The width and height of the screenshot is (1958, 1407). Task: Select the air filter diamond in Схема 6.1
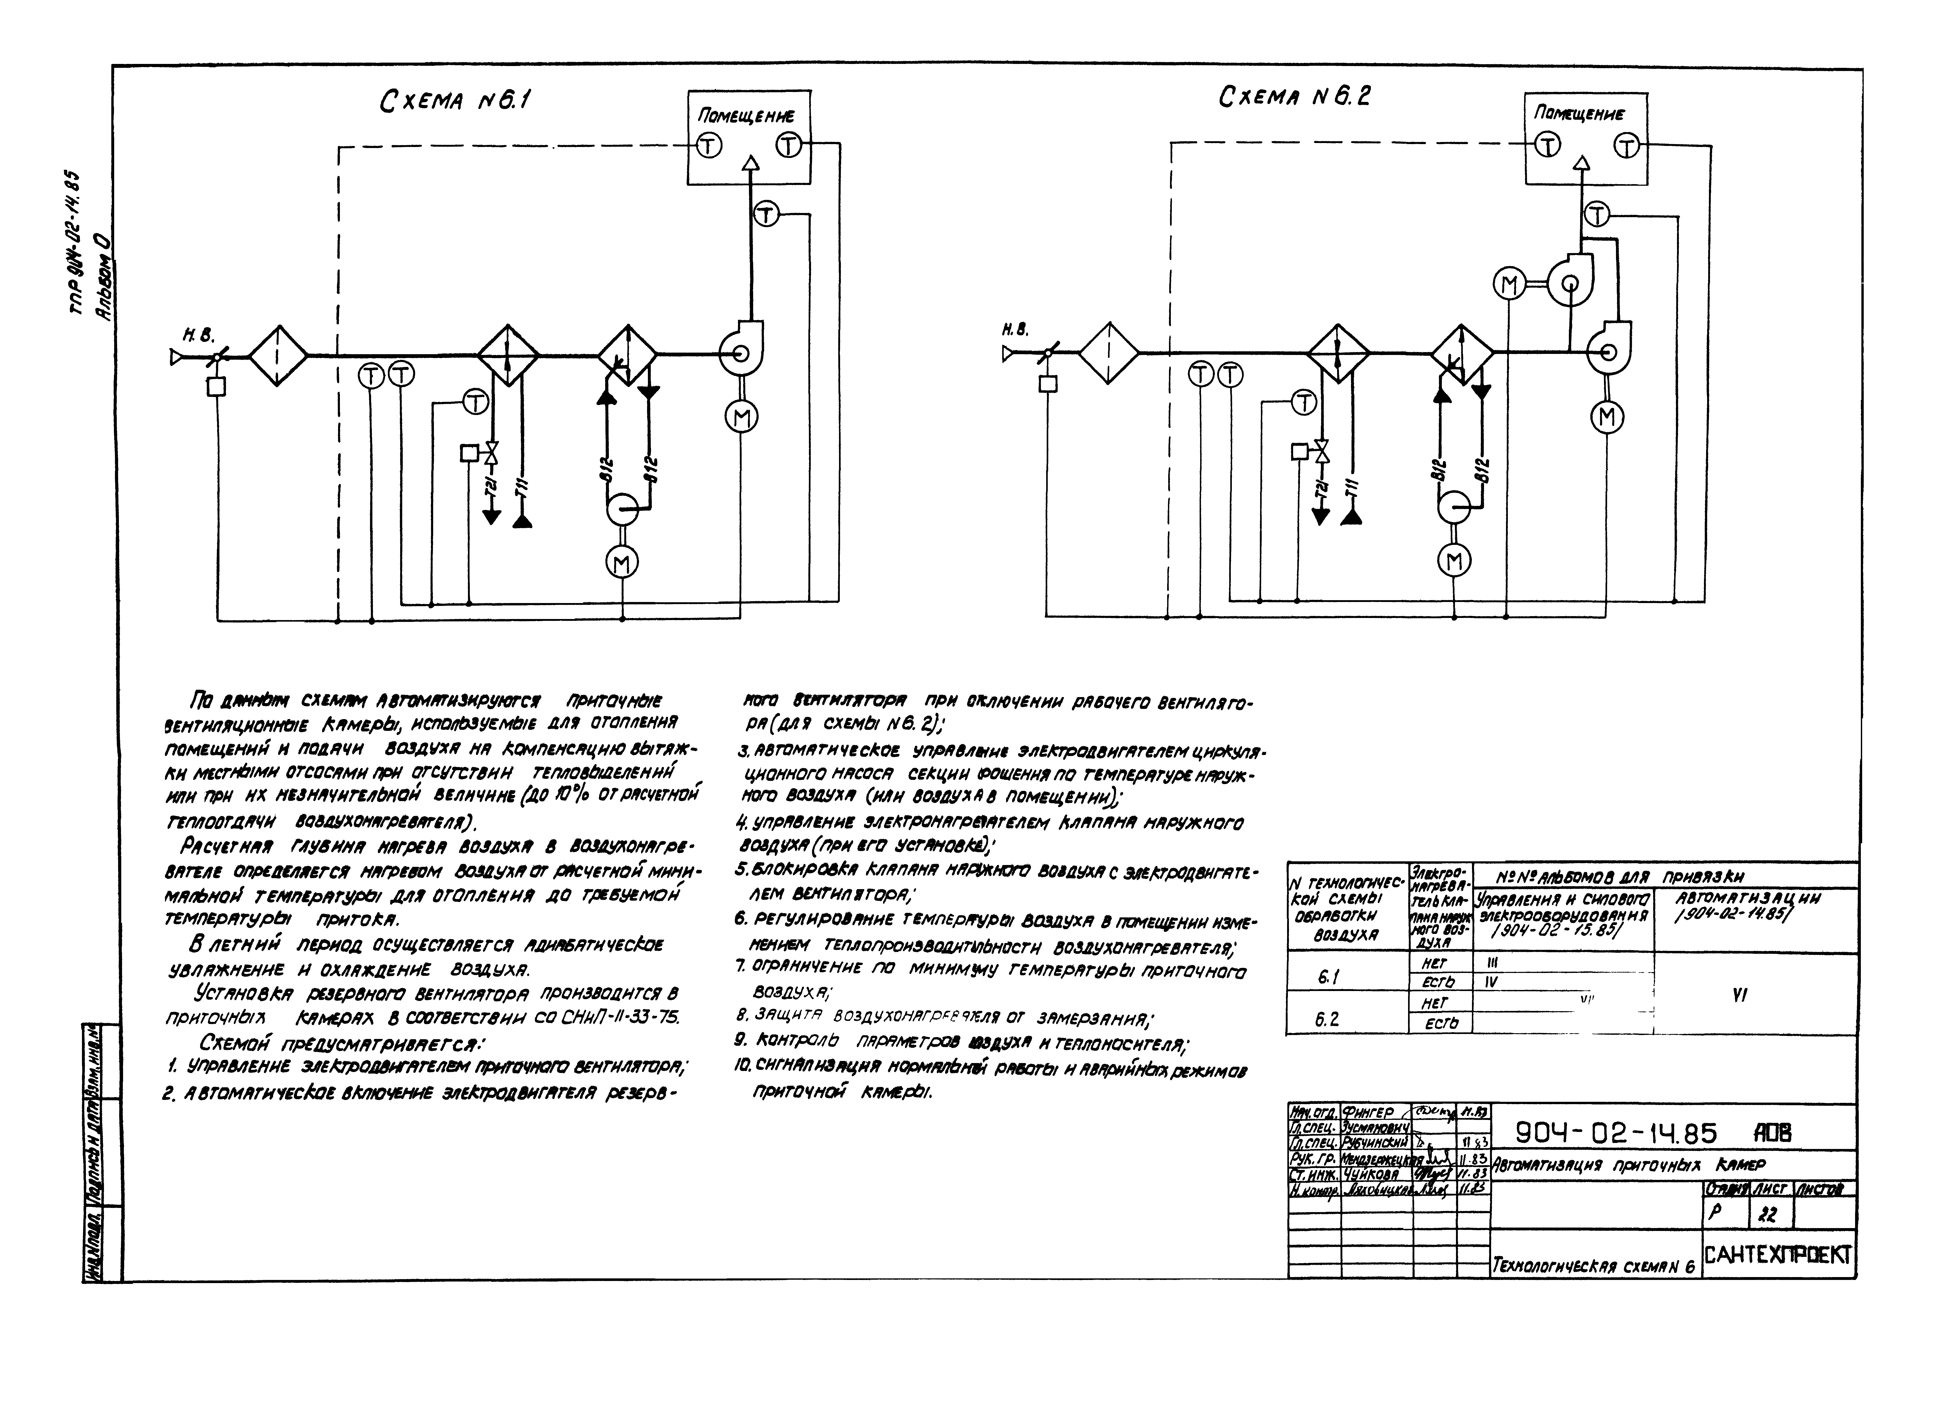(278, 355)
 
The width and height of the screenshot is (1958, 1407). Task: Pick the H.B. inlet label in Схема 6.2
(1015, 329)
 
